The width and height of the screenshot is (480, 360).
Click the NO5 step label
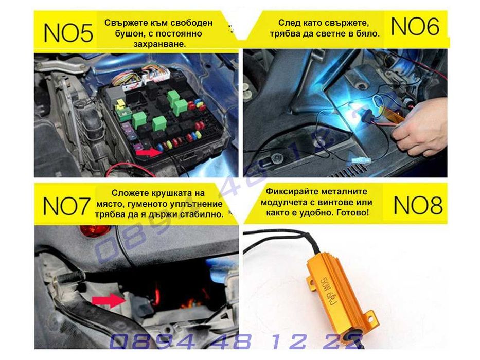[68, 32]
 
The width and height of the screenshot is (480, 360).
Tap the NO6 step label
[416, 26]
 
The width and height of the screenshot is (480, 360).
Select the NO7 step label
[66, 206]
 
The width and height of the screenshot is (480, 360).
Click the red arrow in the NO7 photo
[109, 301]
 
